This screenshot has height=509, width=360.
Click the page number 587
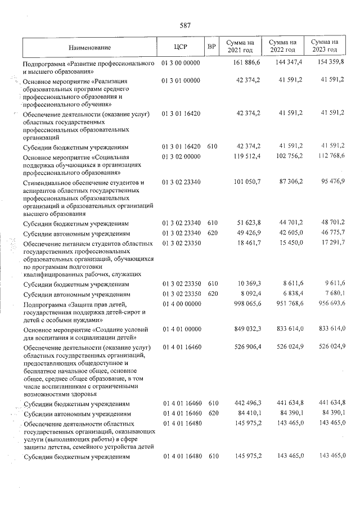coord(186,25)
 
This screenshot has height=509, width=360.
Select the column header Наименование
coord(91,47)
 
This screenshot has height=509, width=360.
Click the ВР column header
coord(212,47)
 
